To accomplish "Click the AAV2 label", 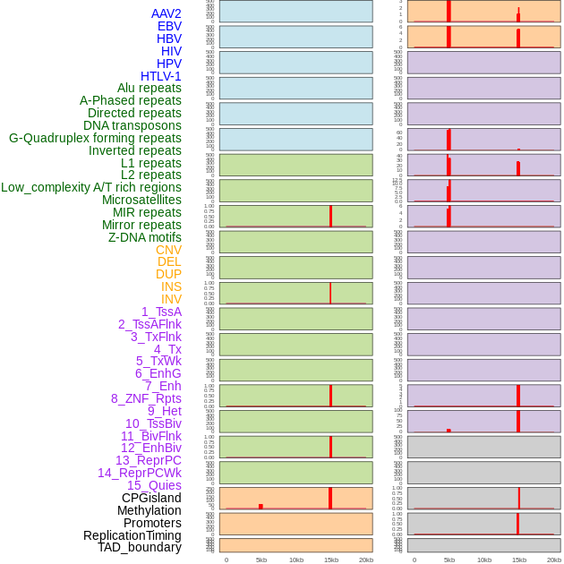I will pyautogui.click(x=166, y=13).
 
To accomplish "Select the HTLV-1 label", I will pyautogui.click(x=160, y=76).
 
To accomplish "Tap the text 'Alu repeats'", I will pyautogui.click(x=149, y=88).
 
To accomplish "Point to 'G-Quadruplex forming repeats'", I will pyautogui.click(x=95, y=138).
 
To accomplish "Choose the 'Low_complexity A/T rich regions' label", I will pyautogui.click(x=91, y=187).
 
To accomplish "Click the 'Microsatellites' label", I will pyautogui.click(x=141, y=200).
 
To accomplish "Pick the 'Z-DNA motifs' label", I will pyautogui.click(x=145, y=237).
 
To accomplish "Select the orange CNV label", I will pyautogui.click(x=168, y=250).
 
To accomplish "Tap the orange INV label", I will pyautogui.click(x=171, y=299).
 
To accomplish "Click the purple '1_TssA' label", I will pyautogui.click(x=161, y=312).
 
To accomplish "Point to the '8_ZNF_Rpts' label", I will pyautogui.click(x=146, y=398).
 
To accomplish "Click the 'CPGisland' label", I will pyautogui.click(x=151, y=498).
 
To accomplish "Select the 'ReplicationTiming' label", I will pyautogui.click(x=132, y=535).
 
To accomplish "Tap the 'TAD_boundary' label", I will pyautogui.click(x=140, y=547).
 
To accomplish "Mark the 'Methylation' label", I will pyautogui.click(x=149, y=510).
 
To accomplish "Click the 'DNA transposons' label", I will pyautogui.click(x=132, y=125).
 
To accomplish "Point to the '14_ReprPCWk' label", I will pyautogui.click(x=140, y=473).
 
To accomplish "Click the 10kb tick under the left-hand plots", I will pyautogui.click(x=296, y=560).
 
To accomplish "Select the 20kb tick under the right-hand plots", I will pyautogui.click(x=554, y=560).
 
